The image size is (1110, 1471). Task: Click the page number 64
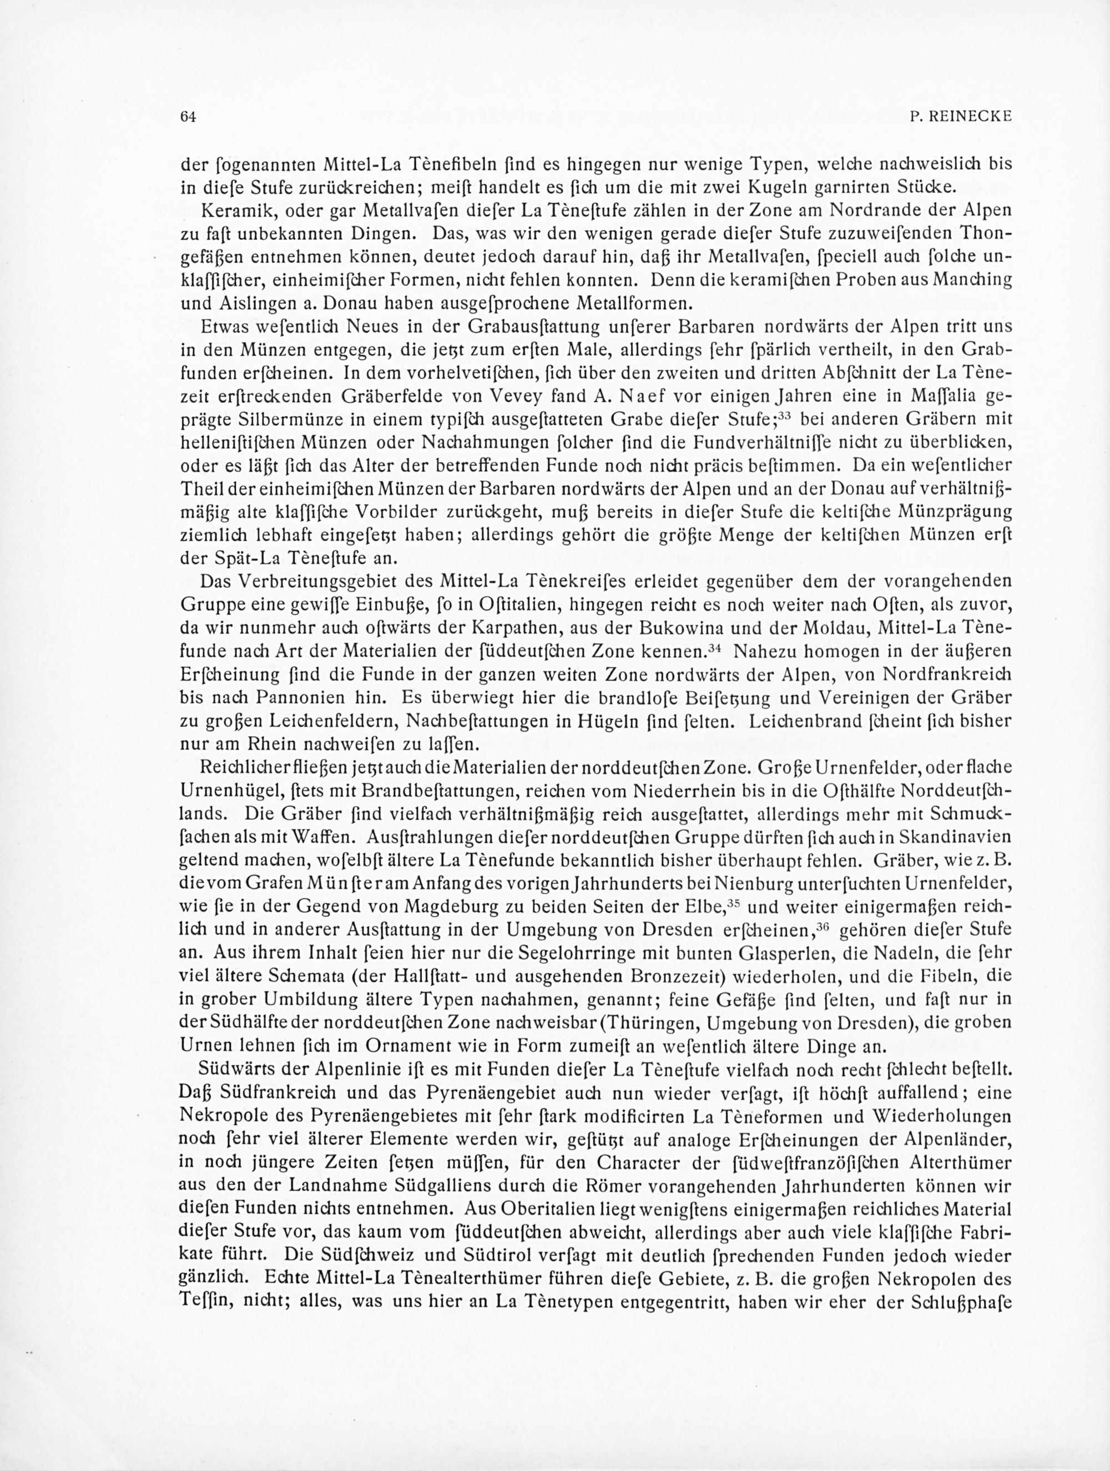coord(189,117)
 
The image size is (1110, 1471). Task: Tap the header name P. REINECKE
coord(960,117)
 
